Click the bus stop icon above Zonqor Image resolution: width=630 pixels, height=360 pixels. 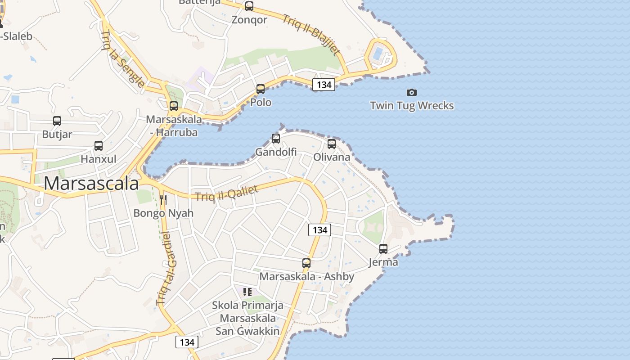point(249,6)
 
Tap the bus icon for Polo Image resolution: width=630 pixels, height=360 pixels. point(261,89)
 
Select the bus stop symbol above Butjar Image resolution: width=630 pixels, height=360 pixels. point(57,121)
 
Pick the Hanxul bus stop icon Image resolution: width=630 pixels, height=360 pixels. point(99,146)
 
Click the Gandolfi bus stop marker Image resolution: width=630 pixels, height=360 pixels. point(276,139)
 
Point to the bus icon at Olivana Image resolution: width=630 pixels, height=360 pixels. point(332,144)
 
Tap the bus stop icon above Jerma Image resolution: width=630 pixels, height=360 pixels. point(383,248)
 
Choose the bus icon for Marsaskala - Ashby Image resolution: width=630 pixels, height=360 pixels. point(306,263)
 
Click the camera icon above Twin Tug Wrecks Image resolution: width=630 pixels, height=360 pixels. point(411,92)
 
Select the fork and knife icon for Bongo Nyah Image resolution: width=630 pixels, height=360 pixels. point(163,200)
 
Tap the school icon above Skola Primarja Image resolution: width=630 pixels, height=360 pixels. point(247,292)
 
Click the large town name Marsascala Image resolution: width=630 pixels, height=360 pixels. point(91,184)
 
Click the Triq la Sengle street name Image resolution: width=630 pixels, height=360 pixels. point(123,59)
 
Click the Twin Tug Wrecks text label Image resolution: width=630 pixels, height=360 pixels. point(412,106)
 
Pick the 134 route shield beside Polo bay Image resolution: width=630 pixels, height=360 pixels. point(324,84)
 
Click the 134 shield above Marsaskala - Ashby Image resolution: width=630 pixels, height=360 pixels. point(319,229)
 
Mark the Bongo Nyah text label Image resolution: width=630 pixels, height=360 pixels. point(163,213)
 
